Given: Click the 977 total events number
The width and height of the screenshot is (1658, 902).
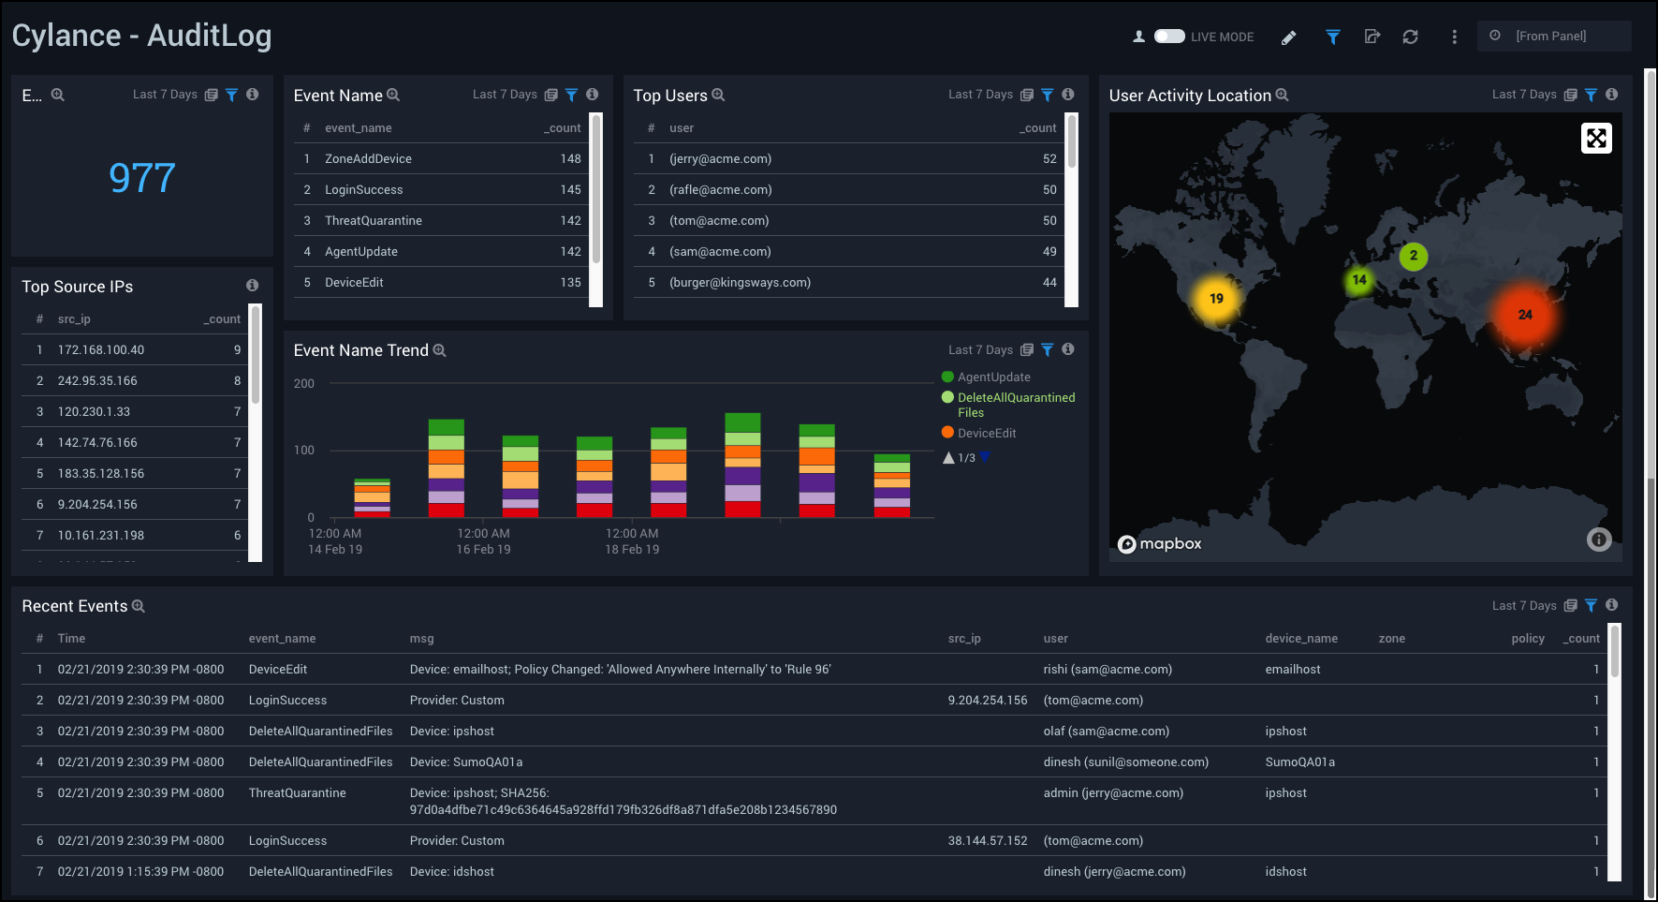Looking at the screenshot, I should [141, 178].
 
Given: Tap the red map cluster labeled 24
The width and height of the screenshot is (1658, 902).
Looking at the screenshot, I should [1524, 315].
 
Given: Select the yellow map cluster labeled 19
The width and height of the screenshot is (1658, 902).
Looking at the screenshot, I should [1216, 299].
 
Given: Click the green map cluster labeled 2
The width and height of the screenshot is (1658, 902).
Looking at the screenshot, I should [1413, 256].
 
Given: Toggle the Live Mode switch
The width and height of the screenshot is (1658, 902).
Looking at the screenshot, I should [1169, 37].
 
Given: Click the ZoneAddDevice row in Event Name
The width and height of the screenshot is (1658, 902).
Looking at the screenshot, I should [368, 159].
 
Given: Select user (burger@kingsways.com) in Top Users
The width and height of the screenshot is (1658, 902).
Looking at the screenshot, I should [740, 283].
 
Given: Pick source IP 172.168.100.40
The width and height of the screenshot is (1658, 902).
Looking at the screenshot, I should [101, 350].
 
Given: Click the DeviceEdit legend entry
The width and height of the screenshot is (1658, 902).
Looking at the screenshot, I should [987, 434].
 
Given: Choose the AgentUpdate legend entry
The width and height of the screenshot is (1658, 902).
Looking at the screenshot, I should [993, 377].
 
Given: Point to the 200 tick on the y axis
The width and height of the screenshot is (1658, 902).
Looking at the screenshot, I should [304, 384].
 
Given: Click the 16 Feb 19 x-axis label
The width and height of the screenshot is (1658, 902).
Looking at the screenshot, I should [483, 550].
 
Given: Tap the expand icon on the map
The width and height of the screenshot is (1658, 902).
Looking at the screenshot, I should [1596, 139].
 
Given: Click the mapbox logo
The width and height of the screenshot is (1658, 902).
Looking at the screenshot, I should [1160, 544].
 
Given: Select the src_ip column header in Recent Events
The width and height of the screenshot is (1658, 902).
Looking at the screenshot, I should [964, 639].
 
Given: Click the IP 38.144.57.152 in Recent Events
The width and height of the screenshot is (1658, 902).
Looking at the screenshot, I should [987, 841].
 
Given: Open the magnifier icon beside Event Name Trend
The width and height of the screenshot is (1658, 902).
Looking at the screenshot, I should [439, 350].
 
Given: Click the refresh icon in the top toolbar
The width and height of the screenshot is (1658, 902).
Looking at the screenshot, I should [1410, 37].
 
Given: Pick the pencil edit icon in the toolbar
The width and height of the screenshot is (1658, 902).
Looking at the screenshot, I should [1289, 37].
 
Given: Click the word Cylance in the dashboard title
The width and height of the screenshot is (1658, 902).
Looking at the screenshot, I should [66, 36].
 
